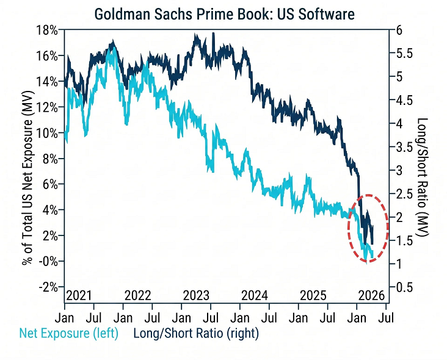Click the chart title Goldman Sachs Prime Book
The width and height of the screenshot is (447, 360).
point(224,13)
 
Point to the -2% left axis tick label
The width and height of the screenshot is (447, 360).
point(49,287)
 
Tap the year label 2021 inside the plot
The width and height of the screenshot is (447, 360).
point(79,295)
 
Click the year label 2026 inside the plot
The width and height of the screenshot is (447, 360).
point(371,295)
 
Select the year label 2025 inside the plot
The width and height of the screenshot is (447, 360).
point(314,295)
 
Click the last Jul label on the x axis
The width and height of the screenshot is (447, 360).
point(387,318)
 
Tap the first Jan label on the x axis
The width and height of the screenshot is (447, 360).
point(65,318)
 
